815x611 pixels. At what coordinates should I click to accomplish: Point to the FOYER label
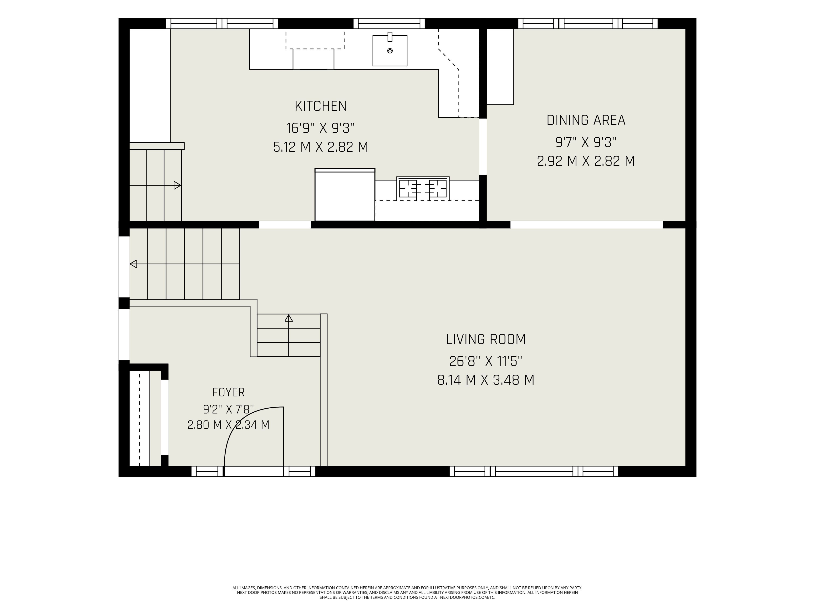[x=228, y=392]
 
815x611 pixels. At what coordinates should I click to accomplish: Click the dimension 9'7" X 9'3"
[x=586, y=142]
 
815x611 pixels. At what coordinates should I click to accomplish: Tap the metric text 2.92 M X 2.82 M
[x=586, y=161]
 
